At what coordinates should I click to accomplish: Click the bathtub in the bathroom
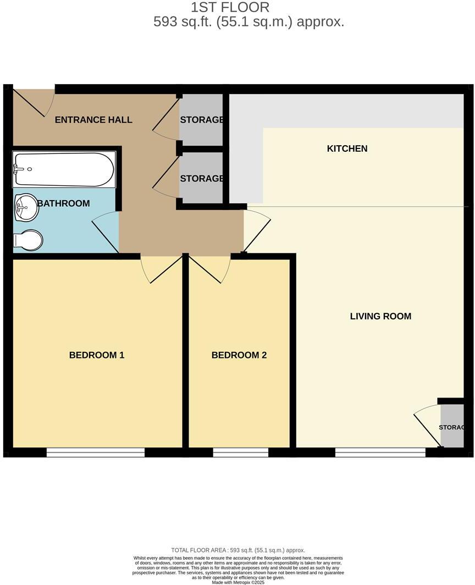point(64,169)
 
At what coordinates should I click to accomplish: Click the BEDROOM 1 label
point(97,355)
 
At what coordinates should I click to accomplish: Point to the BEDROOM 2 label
point(239,355)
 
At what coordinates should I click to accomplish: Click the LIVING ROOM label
point(380,316)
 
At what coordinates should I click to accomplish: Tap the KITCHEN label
point(347,148)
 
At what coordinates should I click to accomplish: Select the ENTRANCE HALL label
point(93,119)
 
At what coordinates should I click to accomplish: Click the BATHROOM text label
point(63,203)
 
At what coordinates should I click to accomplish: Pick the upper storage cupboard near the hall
point(201,119)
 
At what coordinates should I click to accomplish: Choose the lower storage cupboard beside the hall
point(201,178)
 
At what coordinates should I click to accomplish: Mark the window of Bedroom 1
point(95,452)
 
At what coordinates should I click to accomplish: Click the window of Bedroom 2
point(240,452)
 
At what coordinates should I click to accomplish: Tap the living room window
point(380,452)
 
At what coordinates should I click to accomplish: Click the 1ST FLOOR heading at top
point(230,7)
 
